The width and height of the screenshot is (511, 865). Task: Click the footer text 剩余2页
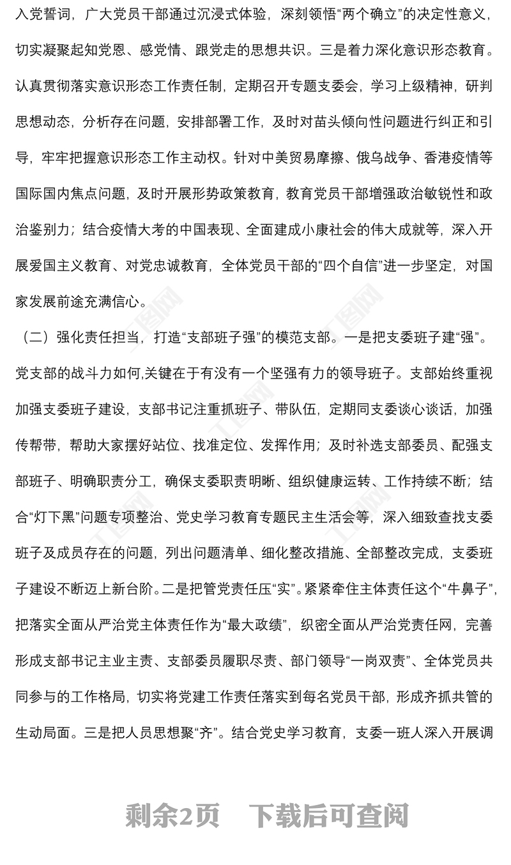click(172, 815)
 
